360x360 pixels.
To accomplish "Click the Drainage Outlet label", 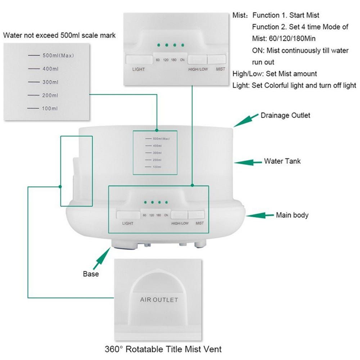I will point(285,116).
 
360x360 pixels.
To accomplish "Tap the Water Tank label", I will point(282,161).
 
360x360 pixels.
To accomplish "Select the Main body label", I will point(292,215).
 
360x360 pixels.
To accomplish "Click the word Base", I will point(91,274).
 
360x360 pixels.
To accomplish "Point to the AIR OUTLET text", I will point(159,300).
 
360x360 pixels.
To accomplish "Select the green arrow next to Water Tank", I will point(248,162).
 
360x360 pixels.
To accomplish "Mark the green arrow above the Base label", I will point(102,258).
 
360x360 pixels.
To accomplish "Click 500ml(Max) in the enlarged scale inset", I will point(58,55).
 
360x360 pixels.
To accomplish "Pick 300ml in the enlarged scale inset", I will point(50,82).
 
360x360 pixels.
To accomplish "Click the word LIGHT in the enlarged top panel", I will point(138,69).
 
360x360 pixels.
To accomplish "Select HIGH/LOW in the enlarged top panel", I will point(198,69).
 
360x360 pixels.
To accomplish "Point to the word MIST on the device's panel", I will point(199,223).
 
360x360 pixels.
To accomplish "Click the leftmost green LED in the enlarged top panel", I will point(158,45).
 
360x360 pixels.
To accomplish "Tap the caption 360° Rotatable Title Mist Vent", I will point(163,349).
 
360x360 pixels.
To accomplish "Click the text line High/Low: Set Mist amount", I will point(275,74).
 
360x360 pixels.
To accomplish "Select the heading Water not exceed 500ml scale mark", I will point(59,35).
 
